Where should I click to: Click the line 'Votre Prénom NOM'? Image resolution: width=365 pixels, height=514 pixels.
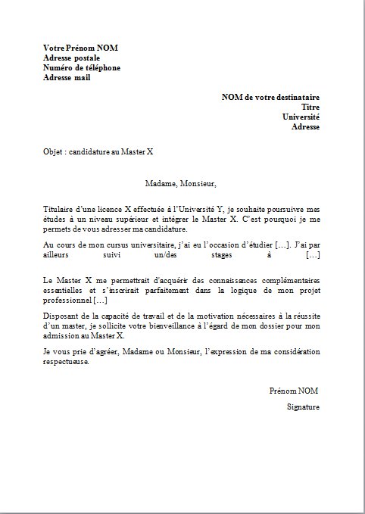80,48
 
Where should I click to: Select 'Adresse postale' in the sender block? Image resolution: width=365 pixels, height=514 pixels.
71,58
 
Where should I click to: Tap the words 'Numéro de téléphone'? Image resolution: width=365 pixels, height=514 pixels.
82,67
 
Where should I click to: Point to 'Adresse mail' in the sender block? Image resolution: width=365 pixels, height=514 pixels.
67,77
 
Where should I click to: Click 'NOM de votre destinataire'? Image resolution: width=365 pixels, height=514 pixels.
270,97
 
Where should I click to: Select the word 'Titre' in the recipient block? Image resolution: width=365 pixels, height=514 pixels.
310,107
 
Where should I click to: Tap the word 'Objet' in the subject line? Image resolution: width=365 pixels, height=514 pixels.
53,151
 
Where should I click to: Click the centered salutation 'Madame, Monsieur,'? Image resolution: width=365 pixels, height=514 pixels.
181,182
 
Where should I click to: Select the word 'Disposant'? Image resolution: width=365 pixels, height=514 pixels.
61,316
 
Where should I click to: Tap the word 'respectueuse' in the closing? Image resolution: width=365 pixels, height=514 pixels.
66,361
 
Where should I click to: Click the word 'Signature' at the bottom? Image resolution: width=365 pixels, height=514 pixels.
303,407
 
